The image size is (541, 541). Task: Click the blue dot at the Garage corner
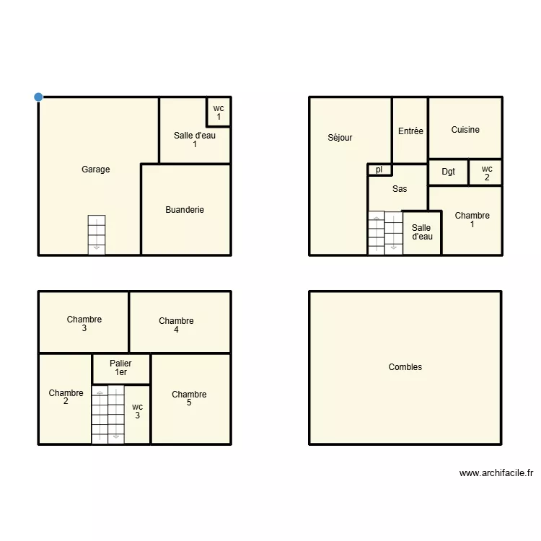(38, 97)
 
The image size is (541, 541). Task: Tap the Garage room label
(96, 170)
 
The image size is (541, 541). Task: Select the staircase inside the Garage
(97, 234)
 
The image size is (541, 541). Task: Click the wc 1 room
(219, 112)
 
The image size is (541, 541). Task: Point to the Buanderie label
(185, 210)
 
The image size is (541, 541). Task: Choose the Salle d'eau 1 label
(195, 139)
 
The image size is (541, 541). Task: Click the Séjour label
(340, 138)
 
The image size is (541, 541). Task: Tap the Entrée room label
(410, 131)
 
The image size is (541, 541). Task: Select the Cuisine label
(465, 130)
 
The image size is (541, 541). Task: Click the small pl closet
(379, 170)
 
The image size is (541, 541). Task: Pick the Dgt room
(449, 172)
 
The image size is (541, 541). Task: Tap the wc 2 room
(486, 172)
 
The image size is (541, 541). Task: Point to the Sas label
(400, 189)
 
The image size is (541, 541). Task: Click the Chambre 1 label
(472, 219)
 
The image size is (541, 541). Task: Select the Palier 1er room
(120, 368)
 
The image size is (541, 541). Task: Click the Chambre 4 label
(176, 325)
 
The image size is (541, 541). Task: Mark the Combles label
(405, 367)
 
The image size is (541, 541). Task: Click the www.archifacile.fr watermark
(496, 473)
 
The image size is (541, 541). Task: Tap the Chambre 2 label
(66, 397)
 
